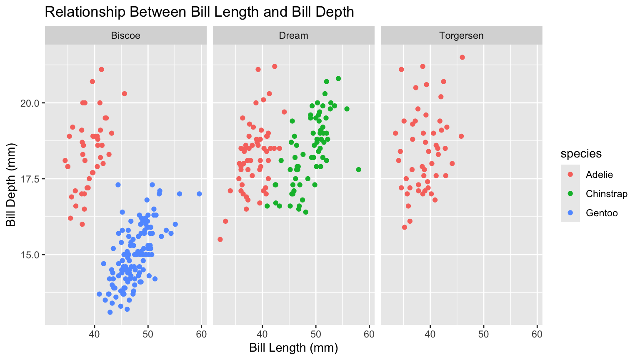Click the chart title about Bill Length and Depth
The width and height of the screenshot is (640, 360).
pyautogui.click(x=199, y=12)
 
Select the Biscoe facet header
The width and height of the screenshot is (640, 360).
pyautogui.click(x=125, y=35)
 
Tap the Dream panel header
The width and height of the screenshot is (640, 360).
pyautogui.click(x=293, y=35)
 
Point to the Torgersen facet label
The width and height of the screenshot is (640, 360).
pyautogui.click(x=461, y=35)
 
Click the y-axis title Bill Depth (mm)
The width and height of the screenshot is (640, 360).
pyautogui.click(x=11, y=185)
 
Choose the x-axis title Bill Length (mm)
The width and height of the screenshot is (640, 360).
pyautogui.click(x=293, y=348)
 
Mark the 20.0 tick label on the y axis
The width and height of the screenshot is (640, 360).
pyautogui.click(x=30, y=103)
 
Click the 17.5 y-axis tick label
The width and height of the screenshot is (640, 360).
pyautogui.click(x=30, y=179)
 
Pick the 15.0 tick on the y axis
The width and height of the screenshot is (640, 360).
pyautogui.click(x=30, y=255)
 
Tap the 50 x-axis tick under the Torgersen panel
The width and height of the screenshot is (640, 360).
pyautogui.click(x=483, y=334)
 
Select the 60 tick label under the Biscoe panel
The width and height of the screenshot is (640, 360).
pyautogui.click(x=201, y=334)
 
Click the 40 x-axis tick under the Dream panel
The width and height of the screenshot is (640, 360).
pyautogui.click(x=262, y=334)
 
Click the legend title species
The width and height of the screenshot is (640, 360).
pyautogui.click(x=581, y=154)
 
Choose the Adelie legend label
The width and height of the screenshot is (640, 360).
pyautogui.click(x=599, y=175)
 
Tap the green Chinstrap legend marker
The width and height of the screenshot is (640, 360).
pyautogui.click(x=570, y=194)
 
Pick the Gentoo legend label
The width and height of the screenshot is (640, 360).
pyautogui.click(x=602, y=213)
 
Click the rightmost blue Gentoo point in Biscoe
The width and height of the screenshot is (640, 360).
pyautogui.click(x=199, y=194)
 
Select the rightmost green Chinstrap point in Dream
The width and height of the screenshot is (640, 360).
pyautogui.click(x=358, y=170)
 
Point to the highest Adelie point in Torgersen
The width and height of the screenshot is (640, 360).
pyautogui.click(x=462, y=57)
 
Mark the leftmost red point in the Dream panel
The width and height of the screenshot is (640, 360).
pyautogui.click(x=220, y=239)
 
